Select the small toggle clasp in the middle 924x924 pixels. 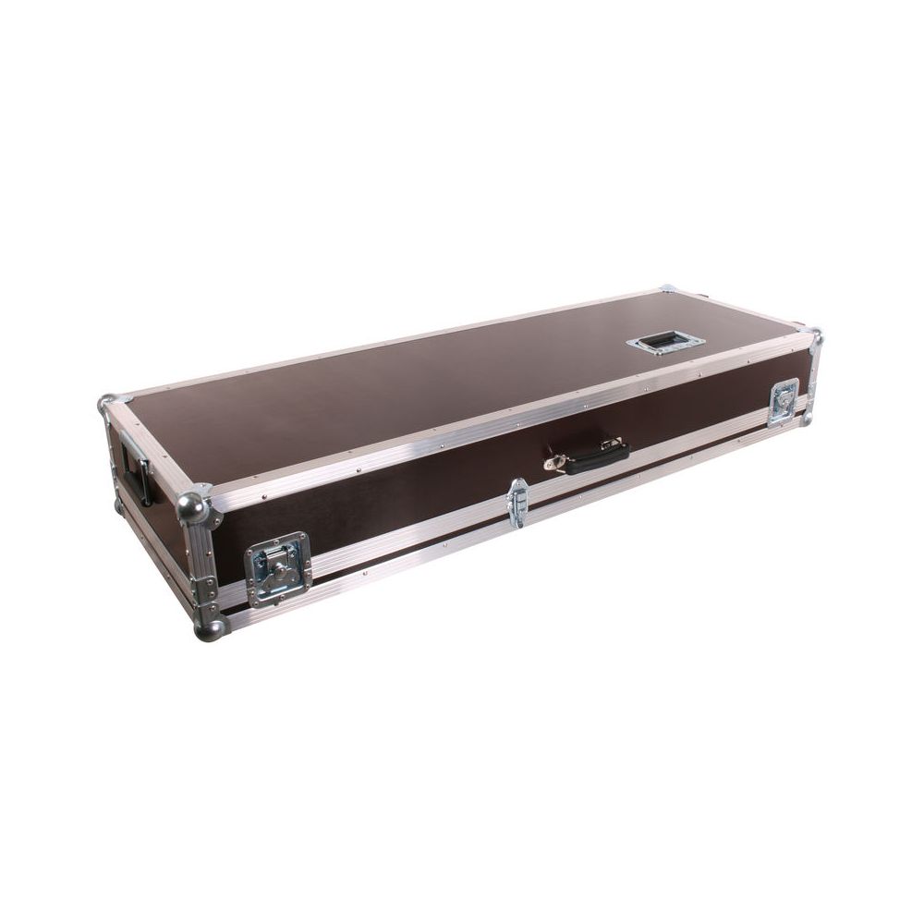click(517, 504)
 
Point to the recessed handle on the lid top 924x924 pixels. click(665, 343)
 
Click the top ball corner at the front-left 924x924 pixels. click(193, 507)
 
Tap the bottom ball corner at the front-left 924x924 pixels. click(209, 629)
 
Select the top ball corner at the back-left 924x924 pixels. click(107, 404)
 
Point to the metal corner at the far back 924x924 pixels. click(667, 289)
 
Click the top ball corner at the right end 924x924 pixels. click(812, 334)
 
